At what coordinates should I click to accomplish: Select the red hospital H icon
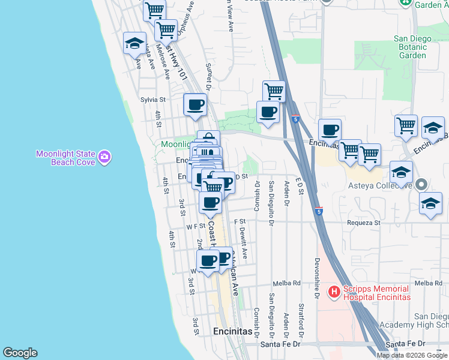[x=333, y=292]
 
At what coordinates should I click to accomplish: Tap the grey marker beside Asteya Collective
[x=421, y=185]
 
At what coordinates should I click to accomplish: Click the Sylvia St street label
[x=152, y=100]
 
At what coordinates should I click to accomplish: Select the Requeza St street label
[x=366, y=223]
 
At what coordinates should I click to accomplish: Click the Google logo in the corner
[x=20, y=353]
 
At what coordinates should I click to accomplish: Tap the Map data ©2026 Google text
[x=412, y=355]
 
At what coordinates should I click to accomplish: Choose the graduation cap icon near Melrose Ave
[x=135, y=43]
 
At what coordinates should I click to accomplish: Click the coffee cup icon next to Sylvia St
[x=195, y=105]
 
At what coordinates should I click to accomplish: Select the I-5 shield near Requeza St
[x=319, y=211]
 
